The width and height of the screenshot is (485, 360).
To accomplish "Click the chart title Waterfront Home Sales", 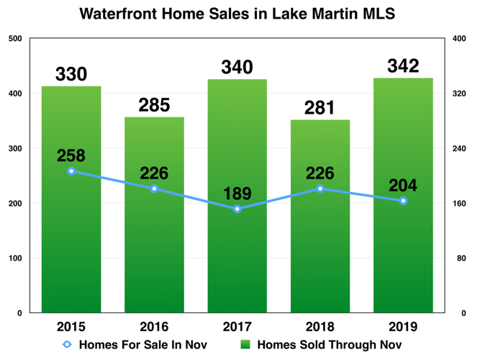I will point(237,13).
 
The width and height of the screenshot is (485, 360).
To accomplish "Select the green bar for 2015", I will point(71,238).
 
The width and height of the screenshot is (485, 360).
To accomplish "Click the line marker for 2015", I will point(71,171).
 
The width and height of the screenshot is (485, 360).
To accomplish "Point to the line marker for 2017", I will point(237,209).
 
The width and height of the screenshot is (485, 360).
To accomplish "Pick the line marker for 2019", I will point(403,201).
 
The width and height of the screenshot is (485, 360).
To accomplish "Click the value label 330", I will point(71,74).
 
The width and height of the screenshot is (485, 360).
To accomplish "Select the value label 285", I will point(154,105).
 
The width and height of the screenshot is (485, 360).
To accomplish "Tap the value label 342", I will point(403,66).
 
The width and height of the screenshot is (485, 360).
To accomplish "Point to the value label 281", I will point(320,108).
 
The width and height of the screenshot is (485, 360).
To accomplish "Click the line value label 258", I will point(71,155).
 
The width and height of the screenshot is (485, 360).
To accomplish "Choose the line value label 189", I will point(237,193).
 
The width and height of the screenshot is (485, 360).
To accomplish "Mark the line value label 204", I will point(403,185).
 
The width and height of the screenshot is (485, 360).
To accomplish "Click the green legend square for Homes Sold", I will point(245,344).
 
